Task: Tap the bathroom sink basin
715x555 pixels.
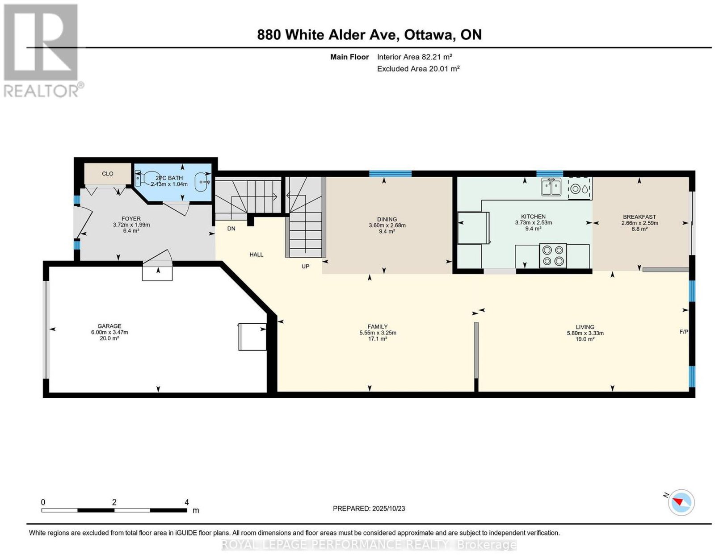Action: point(202,182)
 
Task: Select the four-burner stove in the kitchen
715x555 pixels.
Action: point(553,255)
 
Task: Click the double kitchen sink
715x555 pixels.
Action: point(551,187)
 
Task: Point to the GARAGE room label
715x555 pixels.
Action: point(109,326)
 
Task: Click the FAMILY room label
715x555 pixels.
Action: point(378,326)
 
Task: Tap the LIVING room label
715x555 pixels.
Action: point(585,327)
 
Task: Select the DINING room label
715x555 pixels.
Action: point(387,219)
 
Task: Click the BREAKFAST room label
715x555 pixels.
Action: point(639,217)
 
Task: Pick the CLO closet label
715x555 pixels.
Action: point(108,174)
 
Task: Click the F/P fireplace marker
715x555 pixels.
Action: point(684,332)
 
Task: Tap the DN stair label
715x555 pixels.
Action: point(231,228)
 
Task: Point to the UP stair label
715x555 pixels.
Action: point(305,266)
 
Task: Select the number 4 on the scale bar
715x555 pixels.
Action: point(186,502)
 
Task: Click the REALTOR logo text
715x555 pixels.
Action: point(41,92)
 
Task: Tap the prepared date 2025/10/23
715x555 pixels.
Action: point(388,508)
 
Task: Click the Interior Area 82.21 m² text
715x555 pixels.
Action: point(414,57)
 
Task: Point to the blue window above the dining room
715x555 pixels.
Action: point(390,174)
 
